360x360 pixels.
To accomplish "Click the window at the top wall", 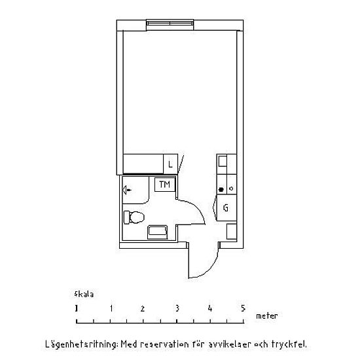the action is (170, 23).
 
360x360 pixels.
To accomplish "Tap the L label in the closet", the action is (170, 164).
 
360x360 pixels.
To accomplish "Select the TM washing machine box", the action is (165, 185).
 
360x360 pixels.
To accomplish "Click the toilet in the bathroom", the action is (134, 217).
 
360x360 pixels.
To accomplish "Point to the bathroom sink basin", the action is (158, 232).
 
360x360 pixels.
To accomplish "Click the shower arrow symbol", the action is (127, 190).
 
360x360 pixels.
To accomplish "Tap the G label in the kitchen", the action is (226, 208).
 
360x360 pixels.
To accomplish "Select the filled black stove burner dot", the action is (221, 189).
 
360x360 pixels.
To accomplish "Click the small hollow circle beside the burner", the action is (231, 189).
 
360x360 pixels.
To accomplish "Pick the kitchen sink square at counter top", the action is (223, 161).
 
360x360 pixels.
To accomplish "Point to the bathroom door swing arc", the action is (196, 208).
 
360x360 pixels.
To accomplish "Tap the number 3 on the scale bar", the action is (177, 308).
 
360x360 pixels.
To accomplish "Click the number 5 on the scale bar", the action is (243, 308).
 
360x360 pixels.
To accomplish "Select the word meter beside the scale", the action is (267, 316).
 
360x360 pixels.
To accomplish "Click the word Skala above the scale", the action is (84, 295).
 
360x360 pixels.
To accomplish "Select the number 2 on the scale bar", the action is (143, 308).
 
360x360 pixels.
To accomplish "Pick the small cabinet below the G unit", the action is (232, 232).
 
